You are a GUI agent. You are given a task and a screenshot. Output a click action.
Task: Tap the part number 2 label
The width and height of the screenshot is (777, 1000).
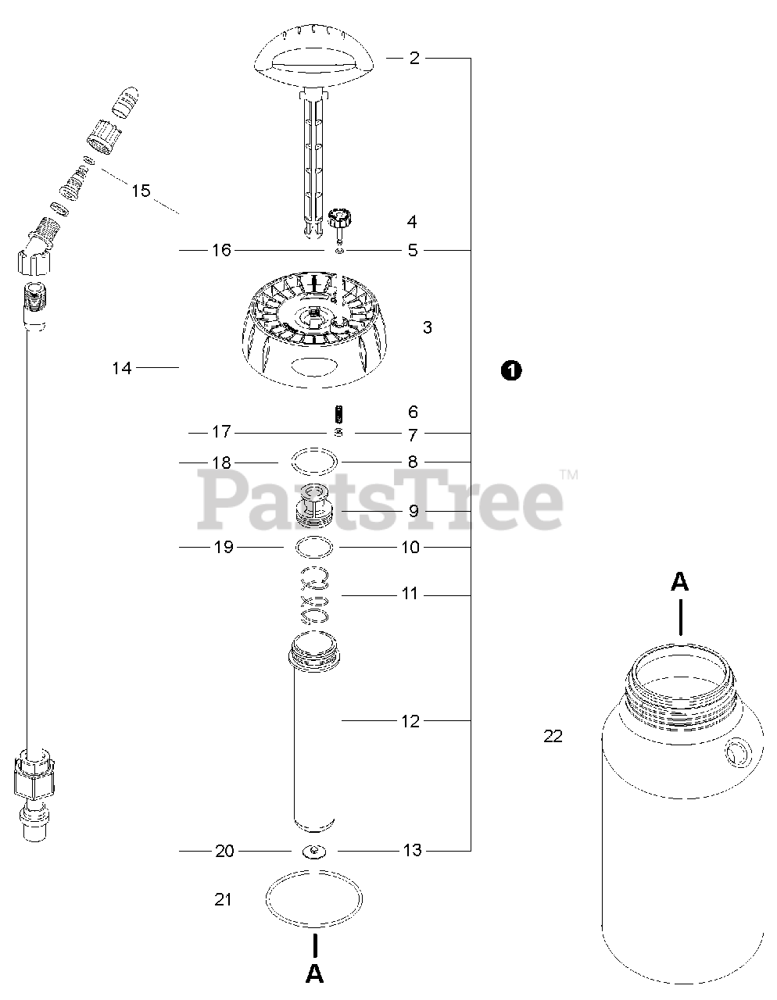point(414,58)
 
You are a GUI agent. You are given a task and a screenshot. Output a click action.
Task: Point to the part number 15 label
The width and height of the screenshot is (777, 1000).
point(141,191)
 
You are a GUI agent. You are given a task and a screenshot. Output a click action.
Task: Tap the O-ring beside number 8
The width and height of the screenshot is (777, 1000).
point(315,462)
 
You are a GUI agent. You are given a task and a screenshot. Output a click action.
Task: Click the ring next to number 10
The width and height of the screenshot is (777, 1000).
point(316,547)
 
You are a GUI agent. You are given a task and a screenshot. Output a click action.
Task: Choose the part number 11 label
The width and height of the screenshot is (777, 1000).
point(410,595)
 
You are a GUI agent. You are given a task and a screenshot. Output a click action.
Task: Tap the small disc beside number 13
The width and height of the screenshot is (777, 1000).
point(315,851)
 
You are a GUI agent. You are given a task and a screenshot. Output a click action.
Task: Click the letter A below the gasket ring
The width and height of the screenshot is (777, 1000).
point(314,973)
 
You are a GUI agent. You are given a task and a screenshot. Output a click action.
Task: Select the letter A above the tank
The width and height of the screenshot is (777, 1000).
point(680,581)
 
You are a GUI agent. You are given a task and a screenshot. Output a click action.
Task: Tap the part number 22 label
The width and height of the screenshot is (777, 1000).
point(553,736)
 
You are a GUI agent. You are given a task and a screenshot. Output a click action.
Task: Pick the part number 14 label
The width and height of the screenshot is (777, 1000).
point(122,368)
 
